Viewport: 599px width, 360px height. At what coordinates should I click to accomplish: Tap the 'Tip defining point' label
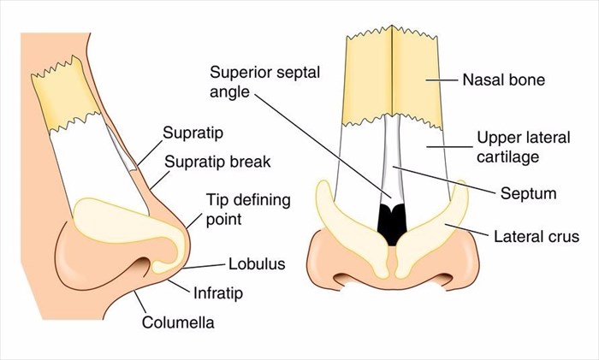click(248, 210)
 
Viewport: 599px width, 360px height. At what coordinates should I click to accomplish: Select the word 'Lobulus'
click(256, 264)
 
